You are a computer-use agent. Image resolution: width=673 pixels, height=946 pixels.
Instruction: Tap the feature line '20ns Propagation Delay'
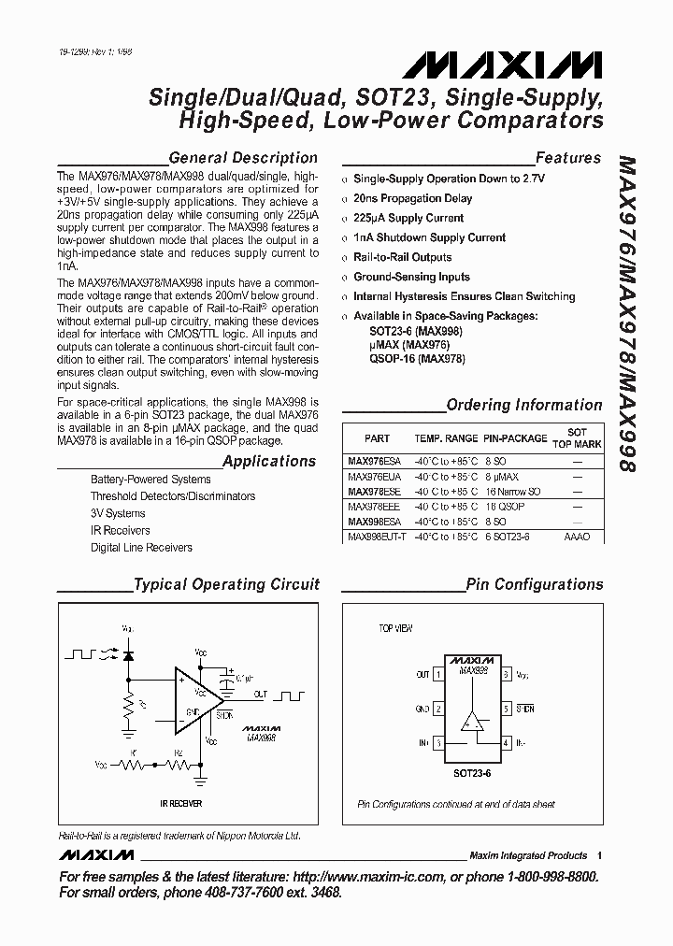pyautogui.click(x=412, y=198)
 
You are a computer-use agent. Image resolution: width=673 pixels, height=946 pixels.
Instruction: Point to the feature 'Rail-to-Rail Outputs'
pyautogui.click(x=402, y=257)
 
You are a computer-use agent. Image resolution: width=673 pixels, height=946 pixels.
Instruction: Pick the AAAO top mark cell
pyautogui.click(x=577, y=537)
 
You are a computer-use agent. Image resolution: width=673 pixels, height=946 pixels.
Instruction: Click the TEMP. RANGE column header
pyautogui.click(x=446, y=437)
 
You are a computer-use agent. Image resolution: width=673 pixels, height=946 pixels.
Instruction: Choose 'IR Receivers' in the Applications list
pyautogui.click(x=120, y=530)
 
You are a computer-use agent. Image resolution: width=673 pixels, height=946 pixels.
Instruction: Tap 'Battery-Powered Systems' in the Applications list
pyautogui.click(x=150, y=480)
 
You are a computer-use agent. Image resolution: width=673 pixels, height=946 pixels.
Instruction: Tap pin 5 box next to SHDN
pyautogui.click(x=506, y=709)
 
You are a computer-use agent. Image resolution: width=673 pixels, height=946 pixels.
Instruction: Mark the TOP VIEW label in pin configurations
pyautogui.click(x=395, y=629)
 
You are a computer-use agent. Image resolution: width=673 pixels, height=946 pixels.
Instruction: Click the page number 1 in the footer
pyautogui.click(x=599, y=855)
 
